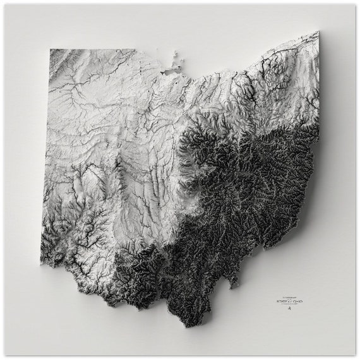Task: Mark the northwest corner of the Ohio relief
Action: coord(51,50)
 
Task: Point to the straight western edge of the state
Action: coord(46,158)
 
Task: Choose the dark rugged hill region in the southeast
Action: coord(253,189)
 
